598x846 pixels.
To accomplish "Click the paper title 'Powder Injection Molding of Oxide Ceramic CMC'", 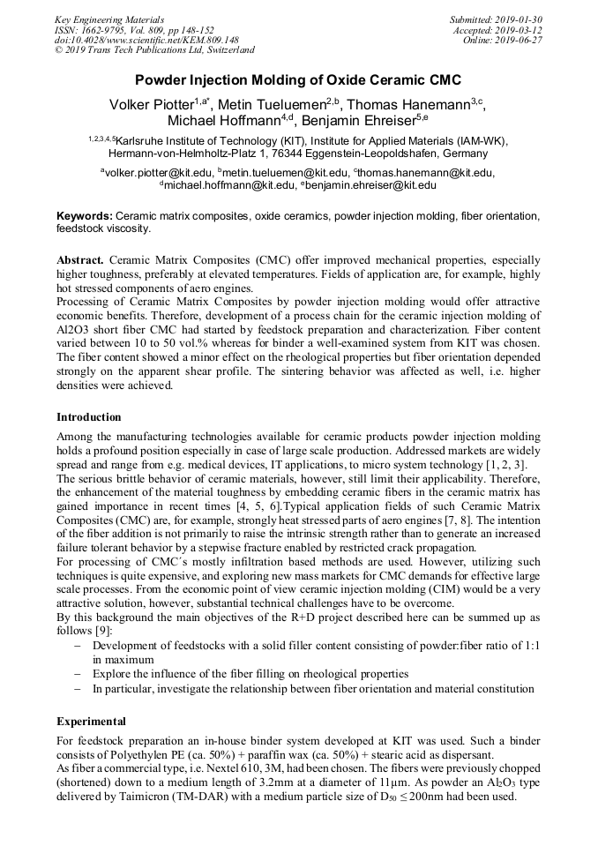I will (x=298, y=79).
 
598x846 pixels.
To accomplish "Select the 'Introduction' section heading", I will (x=89, y=417).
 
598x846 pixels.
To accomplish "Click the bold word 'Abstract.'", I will (x=80, y=261).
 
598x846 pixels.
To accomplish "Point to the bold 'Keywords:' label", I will (x=85, y=216).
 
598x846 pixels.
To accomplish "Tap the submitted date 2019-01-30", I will (x=520, y=19).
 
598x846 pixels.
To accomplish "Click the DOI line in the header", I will (x=146, y=41).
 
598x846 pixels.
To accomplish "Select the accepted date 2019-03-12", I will (x=520, y=30).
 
